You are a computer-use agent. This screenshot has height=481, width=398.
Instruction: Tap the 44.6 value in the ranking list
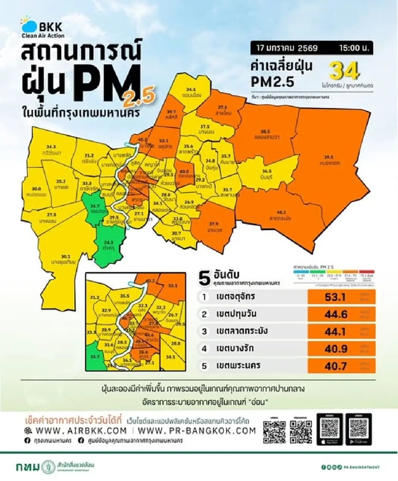[x=336, y=314]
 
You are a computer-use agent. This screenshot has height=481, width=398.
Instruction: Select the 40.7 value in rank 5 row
[x=336, y=366]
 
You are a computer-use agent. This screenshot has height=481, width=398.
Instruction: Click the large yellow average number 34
[x=344, y=71]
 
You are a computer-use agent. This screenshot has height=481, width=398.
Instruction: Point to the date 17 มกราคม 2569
[x=287, y=48]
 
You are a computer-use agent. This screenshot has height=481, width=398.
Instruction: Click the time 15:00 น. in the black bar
[x=354, y=48]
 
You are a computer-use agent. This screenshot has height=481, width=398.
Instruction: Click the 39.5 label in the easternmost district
[x=328, y=157]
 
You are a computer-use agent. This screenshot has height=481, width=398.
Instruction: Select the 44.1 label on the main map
[x=281, y=212]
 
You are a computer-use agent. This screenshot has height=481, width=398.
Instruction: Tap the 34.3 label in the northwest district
[x=51, y=147]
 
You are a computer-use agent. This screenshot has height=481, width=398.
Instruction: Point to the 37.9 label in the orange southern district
[x=214, y=224]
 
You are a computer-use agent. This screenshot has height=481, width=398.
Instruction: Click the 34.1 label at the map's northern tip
[x=191, y=90]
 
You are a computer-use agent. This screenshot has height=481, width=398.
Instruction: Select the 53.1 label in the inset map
[x=173, y=285]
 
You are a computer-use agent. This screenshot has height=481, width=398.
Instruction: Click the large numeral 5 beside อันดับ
[x=204, y=278]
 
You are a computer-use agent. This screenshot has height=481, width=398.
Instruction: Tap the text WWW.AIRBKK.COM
[x=81, y=431]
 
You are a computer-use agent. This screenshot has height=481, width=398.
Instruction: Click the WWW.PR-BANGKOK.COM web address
[x=197, y=431]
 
